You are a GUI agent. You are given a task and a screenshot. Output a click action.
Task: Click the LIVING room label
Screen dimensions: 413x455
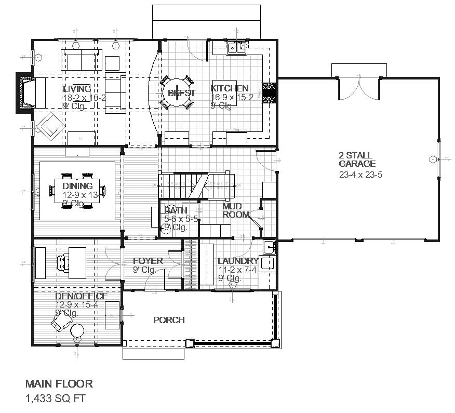click(77, 89)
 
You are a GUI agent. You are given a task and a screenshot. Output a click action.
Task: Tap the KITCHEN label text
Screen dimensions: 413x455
click(229, 88)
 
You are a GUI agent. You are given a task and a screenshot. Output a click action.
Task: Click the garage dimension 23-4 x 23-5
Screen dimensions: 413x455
click(360, 175)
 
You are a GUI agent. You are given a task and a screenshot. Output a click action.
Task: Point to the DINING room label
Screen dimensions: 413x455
click(77, 186)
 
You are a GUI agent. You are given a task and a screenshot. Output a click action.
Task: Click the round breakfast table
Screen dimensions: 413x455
click(177, 94)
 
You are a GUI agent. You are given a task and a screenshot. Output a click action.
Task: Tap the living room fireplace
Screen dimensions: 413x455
click(25, 93)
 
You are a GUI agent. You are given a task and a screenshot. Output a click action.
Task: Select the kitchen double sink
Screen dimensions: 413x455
click(237, 48)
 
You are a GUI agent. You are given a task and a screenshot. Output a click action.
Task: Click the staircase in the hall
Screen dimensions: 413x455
click(196, 186)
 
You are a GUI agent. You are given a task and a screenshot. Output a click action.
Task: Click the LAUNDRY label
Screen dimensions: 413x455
click(238, 261)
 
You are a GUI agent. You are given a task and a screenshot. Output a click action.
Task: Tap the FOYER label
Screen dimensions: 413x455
click(148, 261)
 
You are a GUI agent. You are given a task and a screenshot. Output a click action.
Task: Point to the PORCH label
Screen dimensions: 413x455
click(169, 320)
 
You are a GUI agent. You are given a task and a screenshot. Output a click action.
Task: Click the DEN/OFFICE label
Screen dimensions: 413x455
click(81, 296)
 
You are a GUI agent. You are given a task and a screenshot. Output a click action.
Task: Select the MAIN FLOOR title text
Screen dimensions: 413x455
click(59, 384)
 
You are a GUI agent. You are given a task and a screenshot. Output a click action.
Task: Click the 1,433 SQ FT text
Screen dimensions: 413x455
click(55, 399)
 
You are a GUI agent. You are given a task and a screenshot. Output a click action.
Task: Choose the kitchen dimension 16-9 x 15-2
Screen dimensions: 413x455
click(232, 98)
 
